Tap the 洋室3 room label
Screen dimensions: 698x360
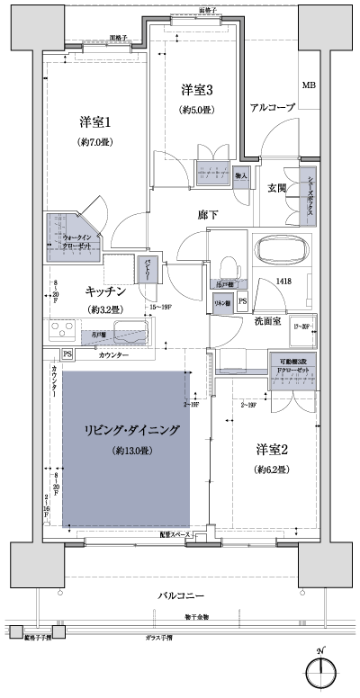[x=196, y=90]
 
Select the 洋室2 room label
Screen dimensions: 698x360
[x=273, y=449]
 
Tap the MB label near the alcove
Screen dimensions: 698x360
[x=309, y=85]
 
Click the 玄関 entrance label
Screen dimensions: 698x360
[x=277, y=188]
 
